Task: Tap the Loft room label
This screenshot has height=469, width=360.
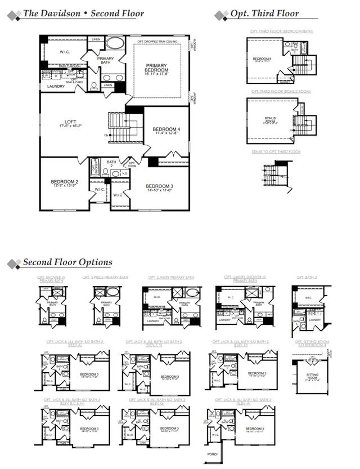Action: click(70, 122)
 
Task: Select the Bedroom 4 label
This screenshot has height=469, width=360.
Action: click(166, 129)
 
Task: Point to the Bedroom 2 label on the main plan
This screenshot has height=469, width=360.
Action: click(64, 182)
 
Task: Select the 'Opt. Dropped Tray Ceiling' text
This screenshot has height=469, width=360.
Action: click(158, 42)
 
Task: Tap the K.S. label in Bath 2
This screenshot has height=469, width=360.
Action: click(124, 174)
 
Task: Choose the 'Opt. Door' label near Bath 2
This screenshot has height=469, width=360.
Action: click(132, 164)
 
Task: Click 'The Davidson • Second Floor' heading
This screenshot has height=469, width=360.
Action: click(83, 14)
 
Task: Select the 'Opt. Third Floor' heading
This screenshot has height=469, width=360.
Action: click(264, 14)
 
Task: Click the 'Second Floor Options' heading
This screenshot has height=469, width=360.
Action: click(67, 262)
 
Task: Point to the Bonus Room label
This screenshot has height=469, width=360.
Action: click(270, 120)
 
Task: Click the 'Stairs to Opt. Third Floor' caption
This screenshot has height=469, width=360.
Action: click(276, 151)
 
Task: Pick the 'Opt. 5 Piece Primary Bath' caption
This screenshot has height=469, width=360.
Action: click(105, 278)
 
